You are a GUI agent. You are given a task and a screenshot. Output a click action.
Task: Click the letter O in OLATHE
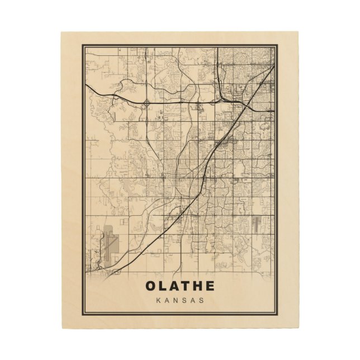coord(151,286)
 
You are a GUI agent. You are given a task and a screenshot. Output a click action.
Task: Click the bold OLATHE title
coord(180,286)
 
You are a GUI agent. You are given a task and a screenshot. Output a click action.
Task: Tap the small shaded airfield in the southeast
coord(256,224)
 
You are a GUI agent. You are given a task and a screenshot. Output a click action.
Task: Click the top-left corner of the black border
coord(83,45)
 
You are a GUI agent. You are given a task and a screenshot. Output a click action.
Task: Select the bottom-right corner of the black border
coord(277,314)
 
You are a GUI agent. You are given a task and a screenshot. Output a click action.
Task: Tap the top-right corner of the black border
coord(277,45)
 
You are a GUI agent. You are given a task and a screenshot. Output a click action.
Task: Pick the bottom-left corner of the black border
coord(83,314)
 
